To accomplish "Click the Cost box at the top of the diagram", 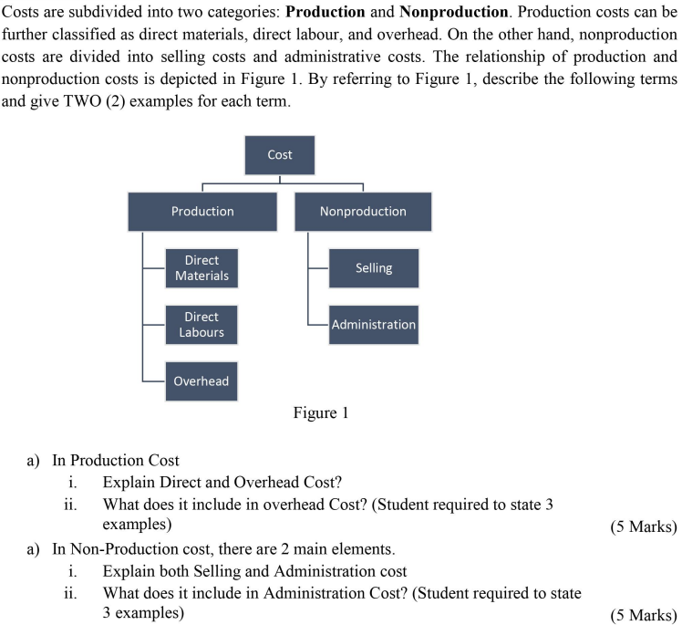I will pos(280,155).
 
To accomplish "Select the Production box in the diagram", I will pos(202,211).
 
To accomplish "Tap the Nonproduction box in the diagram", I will pos(363,211).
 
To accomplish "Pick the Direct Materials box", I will pos(201,268).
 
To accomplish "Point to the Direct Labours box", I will pos(201,325).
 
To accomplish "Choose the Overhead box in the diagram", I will pos(201,381).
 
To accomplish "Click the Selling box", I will pos(374,268).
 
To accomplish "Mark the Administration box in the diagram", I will pos(374,325).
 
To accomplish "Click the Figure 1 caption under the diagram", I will pos(320,413).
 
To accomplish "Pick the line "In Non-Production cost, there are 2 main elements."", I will pos(224,549).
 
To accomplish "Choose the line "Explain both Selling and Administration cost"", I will pos(254,571).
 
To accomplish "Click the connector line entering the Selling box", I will pos(318,268).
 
